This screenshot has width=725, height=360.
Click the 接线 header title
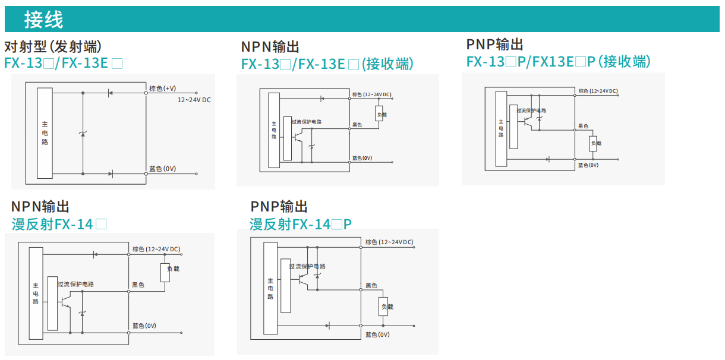[x=43, y=20]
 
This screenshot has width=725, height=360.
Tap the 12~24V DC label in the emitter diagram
[x=194, y=100]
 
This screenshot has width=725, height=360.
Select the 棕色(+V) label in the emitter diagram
[x=162, y=89]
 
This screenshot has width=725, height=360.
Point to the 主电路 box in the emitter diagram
[x=45, y=133]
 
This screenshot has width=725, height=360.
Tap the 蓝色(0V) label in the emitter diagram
[x=162, y=169]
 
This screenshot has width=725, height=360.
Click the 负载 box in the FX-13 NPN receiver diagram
[x=380, y=114]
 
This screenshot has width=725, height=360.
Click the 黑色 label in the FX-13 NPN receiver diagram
[x=357, y=125]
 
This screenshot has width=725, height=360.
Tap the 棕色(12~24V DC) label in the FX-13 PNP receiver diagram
[x=598, y=91]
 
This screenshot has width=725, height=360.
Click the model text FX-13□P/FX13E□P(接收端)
[x=558, y=62]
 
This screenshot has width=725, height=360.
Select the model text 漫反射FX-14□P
[x=301, y=224]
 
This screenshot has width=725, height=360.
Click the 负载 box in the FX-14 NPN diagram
[x=166, y=271]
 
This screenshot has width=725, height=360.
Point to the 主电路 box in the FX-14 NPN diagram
[x=36, y=293]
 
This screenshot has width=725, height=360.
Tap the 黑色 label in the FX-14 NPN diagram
[x=138, y=285]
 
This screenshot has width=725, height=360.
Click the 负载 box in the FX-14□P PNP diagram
[x=384, y=307]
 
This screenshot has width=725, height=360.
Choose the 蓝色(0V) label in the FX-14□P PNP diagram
[x=377, y=334]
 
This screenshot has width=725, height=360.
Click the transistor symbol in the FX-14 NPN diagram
[x=65, y=301]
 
